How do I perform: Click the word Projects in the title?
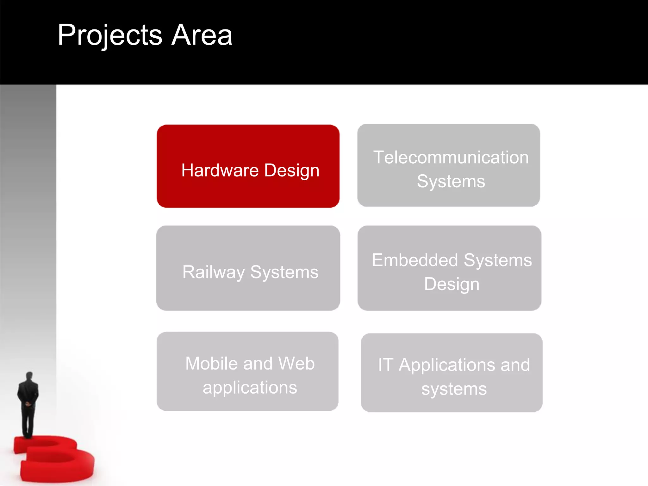(110, 35)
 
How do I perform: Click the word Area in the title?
(202, 35)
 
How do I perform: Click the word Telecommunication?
(451, 157)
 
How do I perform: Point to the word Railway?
(214, 272)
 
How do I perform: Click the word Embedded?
(415, 260)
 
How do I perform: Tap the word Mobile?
(212, 363)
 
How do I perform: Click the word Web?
(296, 363)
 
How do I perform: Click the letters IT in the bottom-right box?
(386, 365)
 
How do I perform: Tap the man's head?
(29, 376)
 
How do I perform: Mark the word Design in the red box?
(292, 171)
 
